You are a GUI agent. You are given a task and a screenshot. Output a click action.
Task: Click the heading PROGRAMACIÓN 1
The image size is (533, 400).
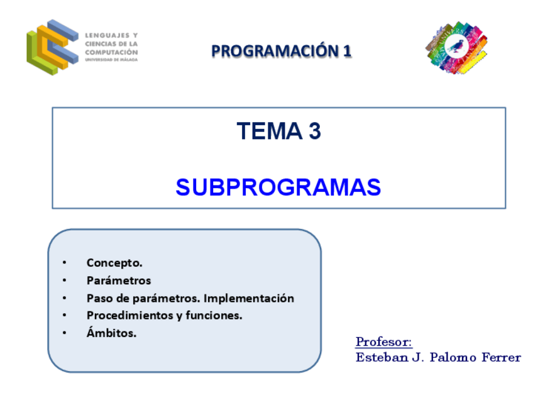[281, 51]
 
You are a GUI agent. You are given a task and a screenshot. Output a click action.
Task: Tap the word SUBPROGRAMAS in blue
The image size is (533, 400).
[278, 187]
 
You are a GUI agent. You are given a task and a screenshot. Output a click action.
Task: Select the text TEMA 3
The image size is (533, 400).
[278, 131]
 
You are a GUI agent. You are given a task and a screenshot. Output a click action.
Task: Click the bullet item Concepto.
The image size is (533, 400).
[114, 263]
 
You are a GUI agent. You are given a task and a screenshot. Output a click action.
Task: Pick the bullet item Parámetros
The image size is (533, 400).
[119, 281]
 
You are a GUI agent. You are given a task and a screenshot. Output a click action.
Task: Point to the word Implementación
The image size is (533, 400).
[249, 298]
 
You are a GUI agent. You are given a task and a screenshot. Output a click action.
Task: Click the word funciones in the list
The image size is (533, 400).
[214, 315]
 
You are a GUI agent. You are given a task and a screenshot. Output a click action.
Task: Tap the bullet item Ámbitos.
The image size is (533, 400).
[111, 332]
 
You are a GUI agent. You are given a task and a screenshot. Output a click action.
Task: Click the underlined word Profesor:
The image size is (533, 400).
[384, 342]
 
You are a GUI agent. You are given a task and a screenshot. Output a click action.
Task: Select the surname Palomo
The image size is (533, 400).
[453, 357]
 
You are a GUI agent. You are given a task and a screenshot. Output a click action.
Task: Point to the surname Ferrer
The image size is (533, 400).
[502, 357]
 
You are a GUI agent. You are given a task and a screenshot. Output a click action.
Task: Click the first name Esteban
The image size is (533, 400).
[382, 357]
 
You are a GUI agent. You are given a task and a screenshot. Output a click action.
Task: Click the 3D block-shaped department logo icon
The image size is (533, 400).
[52, 47]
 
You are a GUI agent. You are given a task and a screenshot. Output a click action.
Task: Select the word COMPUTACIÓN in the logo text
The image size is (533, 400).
[111, 52]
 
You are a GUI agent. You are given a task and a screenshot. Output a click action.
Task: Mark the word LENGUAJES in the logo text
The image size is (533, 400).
[107, 35]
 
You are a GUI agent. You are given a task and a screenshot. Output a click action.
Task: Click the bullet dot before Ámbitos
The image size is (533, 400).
[64, 332]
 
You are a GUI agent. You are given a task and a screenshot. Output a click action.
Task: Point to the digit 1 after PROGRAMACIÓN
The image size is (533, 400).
[347, 51]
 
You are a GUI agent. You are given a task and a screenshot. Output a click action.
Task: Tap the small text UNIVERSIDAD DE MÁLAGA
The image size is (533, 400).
[111, 60]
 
